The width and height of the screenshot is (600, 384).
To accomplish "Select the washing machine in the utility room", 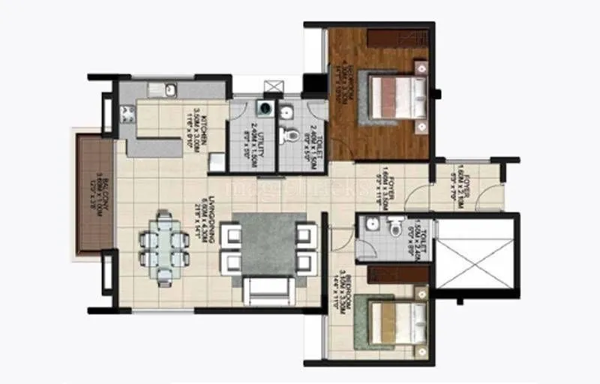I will coord(263,109).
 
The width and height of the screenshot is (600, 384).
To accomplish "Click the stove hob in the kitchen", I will coord(127,114).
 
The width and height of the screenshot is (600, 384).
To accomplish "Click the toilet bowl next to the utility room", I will coord(287,136).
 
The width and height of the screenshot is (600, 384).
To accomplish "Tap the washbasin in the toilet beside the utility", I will coord(286,112).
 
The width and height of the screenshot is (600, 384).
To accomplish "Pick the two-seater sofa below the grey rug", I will coord(268,288).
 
